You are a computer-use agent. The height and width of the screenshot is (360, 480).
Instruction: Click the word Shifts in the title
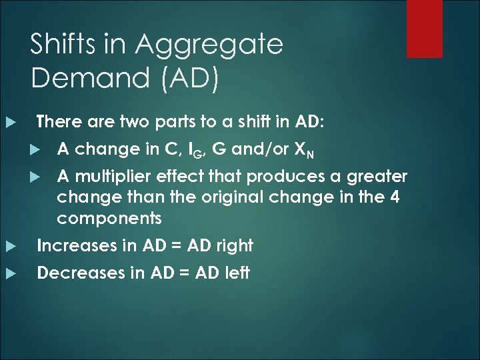coord(64,45)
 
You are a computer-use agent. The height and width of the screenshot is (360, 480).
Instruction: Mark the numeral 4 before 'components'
coord(394,197)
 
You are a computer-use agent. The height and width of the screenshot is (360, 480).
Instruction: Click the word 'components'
coord(109,219)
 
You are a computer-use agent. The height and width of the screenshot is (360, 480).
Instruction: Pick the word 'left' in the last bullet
coord(235,273)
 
